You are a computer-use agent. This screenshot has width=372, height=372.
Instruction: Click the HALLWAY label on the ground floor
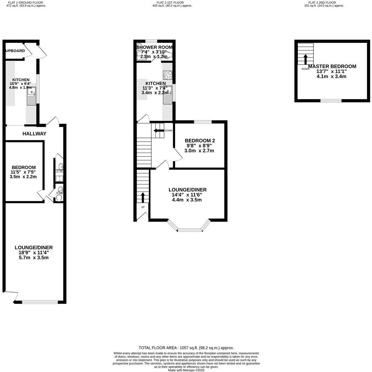tap(34, 134)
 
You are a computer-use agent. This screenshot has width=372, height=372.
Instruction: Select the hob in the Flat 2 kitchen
tap(168, 75)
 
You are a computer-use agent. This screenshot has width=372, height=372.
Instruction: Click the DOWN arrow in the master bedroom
tap(305, 59)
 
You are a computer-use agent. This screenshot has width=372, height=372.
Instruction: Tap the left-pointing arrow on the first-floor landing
tap(157, 131)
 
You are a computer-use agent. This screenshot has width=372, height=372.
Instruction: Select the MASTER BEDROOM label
tap(332, 66)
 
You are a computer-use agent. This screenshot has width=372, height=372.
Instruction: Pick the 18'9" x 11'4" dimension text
tap(34, 253)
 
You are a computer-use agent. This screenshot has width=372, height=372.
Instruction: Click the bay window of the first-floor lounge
tap(189, 230)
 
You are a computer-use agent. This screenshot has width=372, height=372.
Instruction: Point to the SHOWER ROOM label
tap(154, 47)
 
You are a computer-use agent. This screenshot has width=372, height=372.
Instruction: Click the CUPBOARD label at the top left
tap(15, 51)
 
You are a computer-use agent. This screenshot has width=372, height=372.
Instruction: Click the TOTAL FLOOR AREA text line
tap(186, 348)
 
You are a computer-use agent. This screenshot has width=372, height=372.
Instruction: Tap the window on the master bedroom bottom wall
tap(331, 101)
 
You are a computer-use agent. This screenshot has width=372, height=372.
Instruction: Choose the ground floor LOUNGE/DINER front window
tap(40, 302)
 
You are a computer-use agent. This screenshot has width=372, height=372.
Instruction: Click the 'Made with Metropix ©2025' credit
tap(186, 370)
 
